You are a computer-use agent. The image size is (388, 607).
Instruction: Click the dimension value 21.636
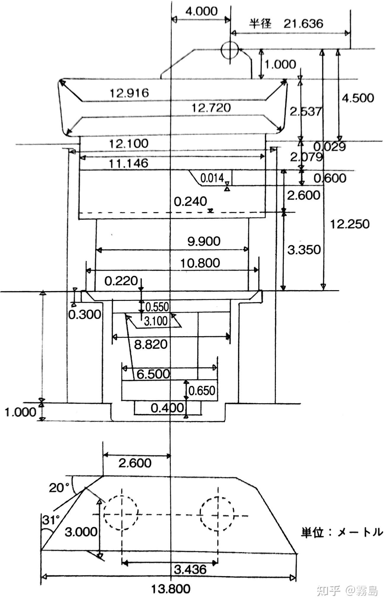(x=303, y=23)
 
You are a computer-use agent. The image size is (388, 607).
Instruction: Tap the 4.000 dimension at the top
(x=201, y=11)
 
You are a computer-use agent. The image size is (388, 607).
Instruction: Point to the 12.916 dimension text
(x=129, y=93)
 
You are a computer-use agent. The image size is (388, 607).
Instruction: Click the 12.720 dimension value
(x=211, y=108)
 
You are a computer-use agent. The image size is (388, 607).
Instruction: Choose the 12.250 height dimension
(x=350, y=224)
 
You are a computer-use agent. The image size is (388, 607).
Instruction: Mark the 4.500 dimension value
(x=358, y=98)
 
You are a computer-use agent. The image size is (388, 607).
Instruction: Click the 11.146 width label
(x=129, y=163)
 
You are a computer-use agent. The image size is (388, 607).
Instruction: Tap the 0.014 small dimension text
(x=212, y=178)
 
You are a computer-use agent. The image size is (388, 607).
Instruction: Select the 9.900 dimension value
(x=204, y=241)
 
